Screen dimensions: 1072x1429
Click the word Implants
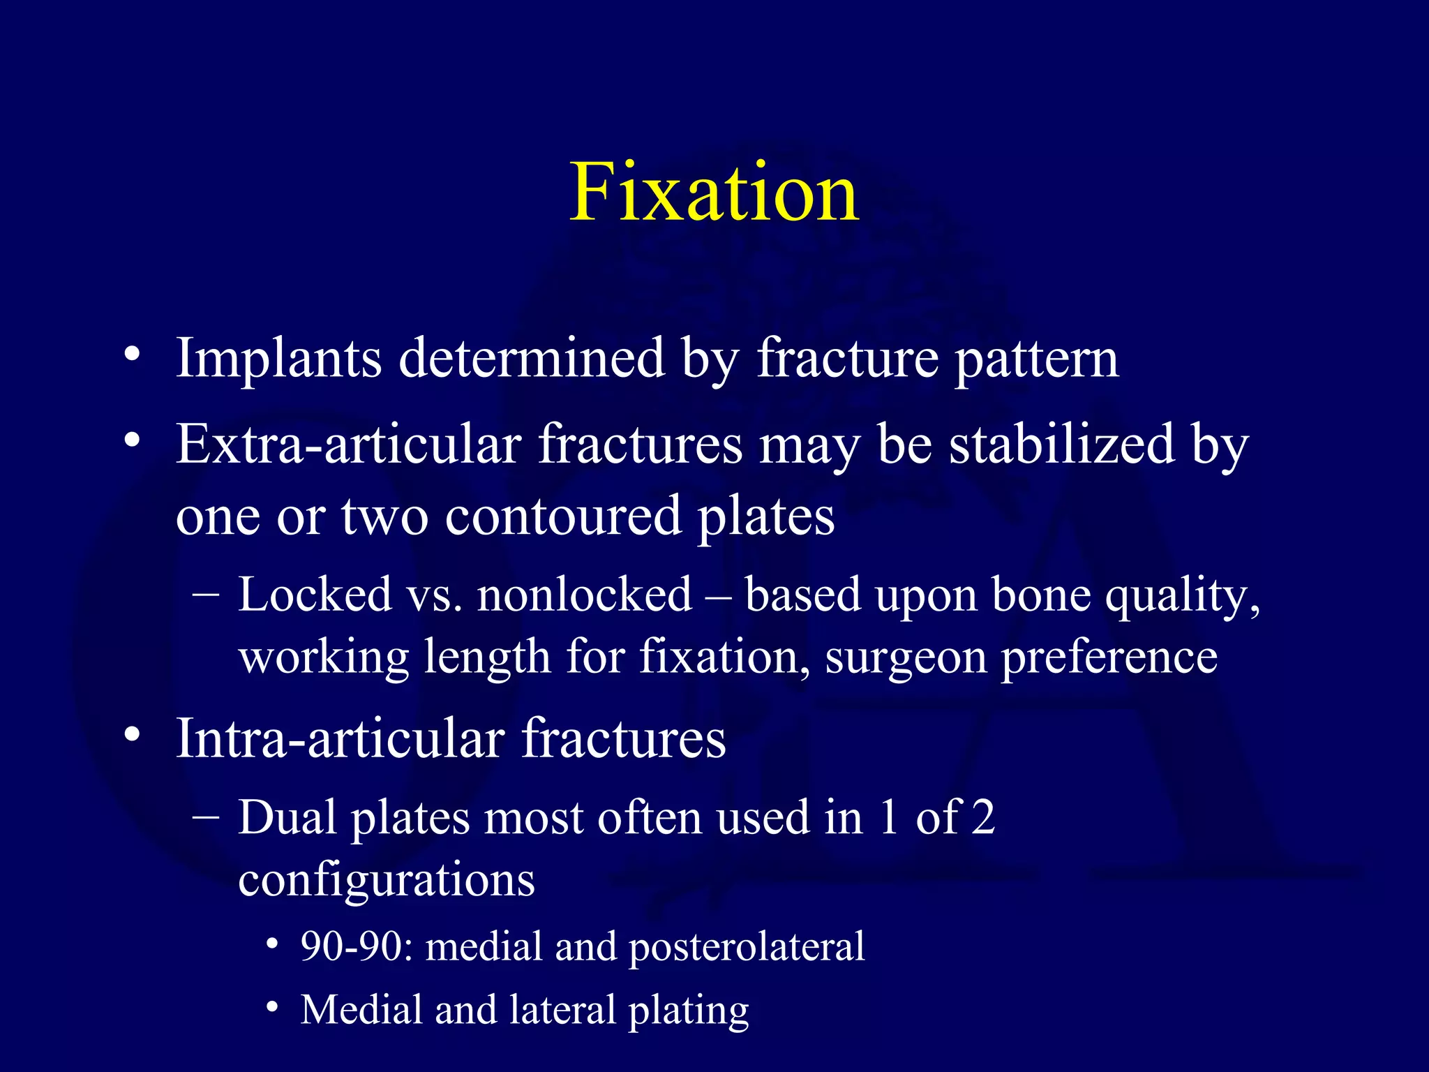click(x=278, y=359)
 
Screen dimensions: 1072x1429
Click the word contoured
click(x=562, y=516)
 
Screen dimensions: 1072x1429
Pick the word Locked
click(x=315, y=595)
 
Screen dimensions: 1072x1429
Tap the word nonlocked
click(x=585, y=595)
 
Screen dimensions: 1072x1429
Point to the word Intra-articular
click(x=340, y=738)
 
